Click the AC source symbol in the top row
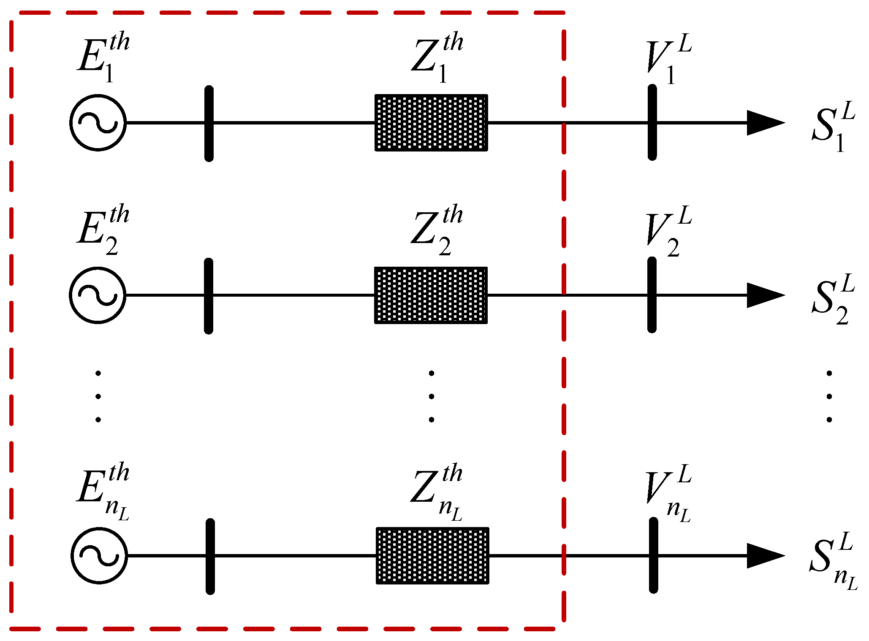pyautogui.click(x=98, y=122)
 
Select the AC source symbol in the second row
pyautogui.click(x=98, y=295)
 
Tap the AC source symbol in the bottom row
pyautogui.click(x=99, y=555)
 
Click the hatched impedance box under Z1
pyautogui.click(x=431, y=122)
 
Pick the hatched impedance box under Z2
pyautogui.click(x=431, y=295)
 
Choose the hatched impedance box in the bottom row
pyautogui.click(x=432, y=555)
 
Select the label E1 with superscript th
pyautogui.click(x=103, y=57)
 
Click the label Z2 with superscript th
pyautogui.click(x=436, y=230)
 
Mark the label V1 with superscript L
pyautogui.click(x=668, y=59)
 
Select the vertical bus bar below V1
pyautogui.click(x=652, y=122)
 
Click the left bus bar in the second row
pyautogui.click(x=209, y=296)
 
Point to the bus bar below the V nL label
pyautogui.click(x=654, y=555)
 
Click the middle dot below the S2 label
pyautogui.click(x=829, y=396)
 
